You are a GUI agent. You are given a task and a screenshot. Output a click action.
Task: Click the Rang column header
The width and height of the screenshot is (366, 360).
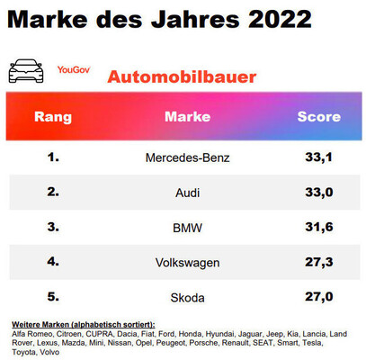point(52,117)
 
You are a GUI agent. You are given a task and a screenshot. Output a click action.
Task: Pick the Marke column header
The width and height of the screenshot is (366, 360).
point(187,117)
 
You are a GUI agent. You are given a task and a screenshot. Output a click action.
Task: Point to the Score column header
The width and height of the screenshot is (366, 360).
point(318,117)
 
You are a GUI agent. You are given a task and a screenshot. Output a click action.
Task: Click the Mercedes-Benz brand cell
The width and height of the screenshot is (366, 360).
point(187,157)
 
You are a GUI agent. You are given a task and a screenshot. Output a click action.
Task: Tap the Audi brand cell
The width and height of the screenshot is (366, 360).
point(187,193)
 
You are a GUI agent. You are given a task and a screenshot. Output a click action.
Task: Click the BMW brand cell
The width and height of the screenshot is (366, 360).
point(187,228)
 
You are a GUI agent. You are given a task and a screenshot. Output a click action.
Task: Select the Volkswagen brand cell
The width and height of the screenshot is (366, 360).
point(187,263)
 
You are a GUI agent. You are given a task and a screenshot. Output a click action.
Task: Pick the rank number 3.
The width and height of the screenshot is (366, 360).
point(52,228)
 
